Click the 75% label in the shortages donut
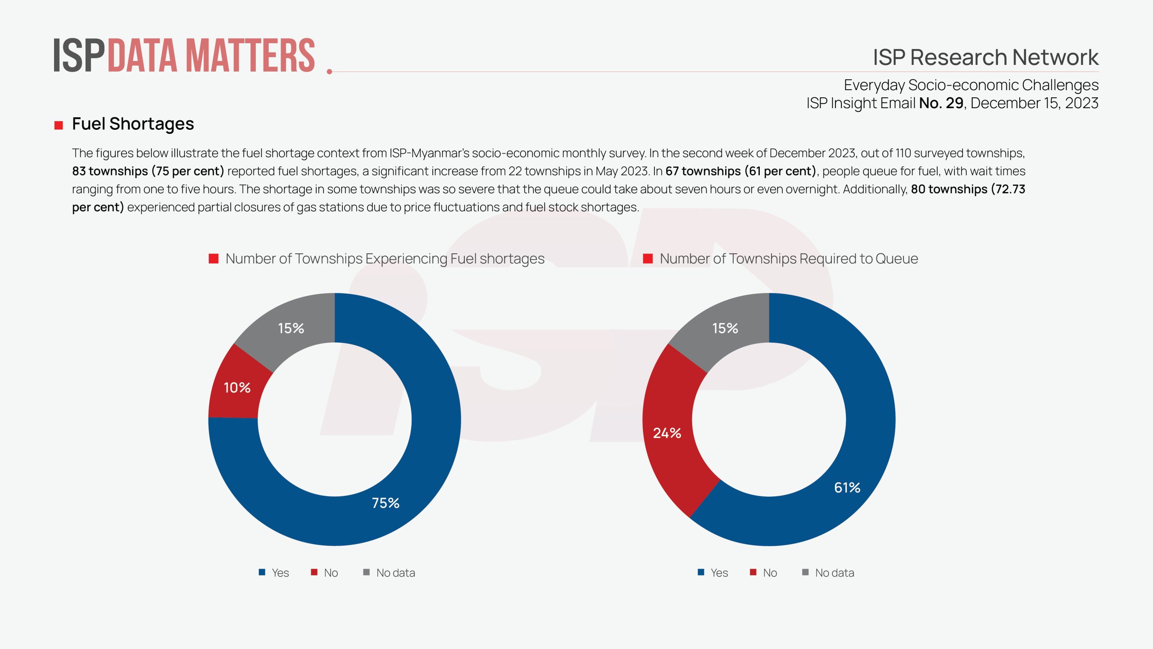pos(386,503)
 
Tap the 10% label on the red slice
pos(237,388)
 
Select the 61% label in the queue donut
pos(847,488)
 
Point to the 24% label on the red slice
pos(667,433)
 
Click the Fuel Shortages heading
pos(133,124)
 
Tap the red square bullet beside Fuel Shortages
pos(59,125)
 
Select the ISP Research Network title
pos(985,57)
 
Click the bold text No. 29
pos(941,103)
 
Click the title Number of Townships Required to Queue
pos(789,259)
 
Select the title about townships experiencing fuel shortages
pos(385,259)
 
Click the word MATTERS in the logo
pos(250,56)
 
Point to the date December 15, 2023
pos(1034,103)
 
